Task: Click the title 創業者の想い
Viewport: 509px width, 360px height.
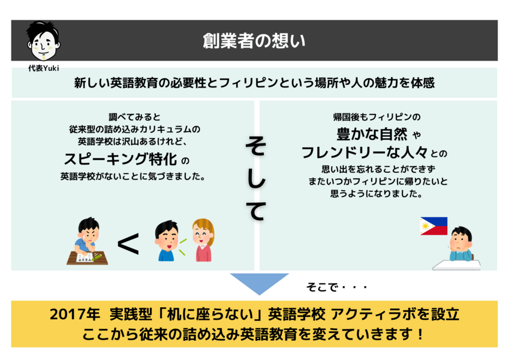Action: [254, 41]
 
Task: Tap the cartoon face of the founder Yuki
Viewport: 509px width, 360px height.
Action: [43, 41]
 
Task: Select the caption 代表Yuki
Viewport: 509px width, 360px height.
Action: [44, 68]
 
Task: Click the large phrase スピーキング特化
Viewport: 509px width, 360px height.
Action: [121, 159]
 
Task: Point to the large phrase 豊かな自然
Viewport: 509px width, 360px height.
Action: [372, 134]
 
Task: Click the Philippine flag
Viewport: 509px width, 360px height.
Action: [433, 226]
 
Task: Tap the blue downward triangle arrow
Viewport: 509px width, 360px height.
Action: [260, 282]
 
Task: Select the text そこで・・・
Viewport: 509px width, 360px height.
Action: [336, 287]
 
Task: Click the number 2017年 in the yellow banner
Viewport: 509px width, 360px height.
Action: [75, 314]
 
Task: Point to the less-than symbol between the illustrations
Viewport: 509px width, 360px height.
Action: [128, 244]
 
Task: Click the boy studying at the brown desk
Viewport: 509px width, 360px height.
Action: [88, 241]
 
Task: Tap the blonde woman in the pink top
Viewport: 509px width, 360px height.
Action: [203, 240]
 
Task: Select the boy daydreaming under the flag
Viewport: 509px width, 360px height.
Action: [461, 244]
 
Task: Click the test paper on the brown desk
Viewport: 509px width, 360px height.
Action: [85, 257]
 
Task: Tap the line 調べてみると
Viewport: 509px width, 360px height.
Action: [134, 116]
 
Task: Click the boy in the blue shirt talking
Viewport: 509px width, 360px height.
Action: [167, 241]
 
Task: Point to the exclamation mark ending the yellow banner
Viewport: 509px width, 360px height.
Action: [421, 334]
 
